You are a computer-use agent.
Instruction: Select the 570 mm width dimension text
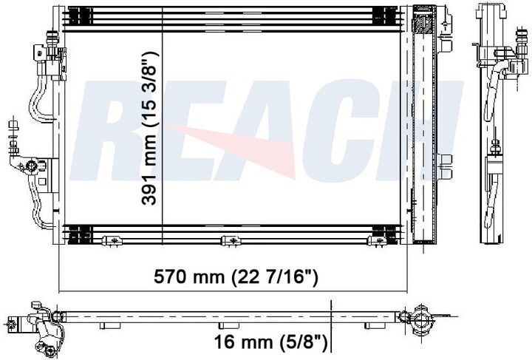point(236,277)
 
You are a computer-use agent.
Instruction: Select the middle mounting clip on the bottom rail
point(231,240)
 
